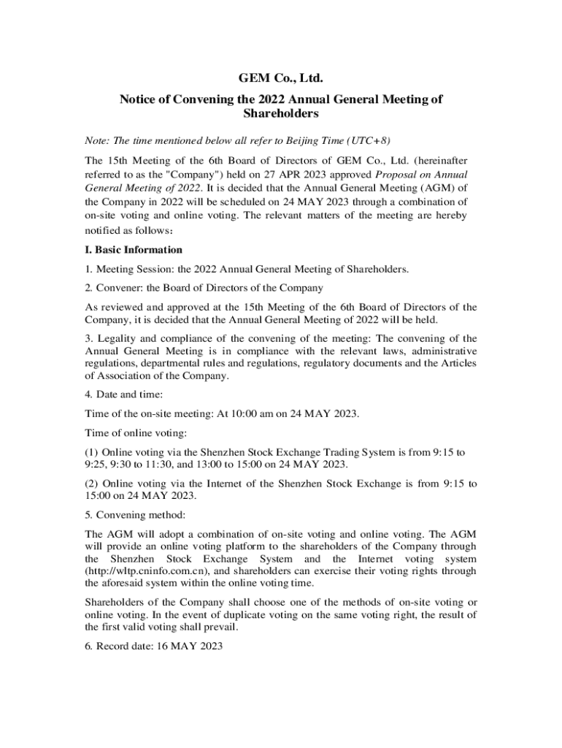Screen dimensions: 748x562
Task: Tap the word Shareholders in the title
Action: pos(281,114)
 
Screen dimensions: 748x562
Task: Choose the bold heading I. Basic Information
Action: pos(134,250)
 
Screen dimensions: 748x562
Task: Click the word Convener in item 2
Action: pos(117,288)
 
